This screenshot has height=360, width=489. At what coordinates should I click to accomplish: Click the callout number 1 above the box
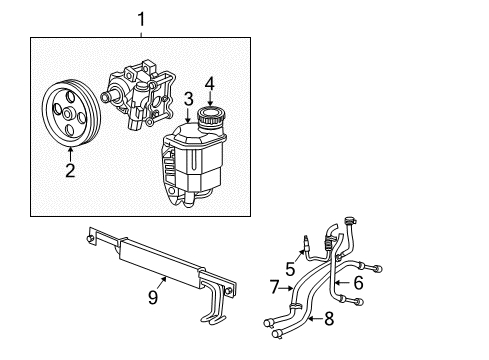coord(140,19)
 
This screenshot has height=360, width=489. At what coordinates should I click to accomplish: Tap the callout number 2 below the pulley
coord(70,170)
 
